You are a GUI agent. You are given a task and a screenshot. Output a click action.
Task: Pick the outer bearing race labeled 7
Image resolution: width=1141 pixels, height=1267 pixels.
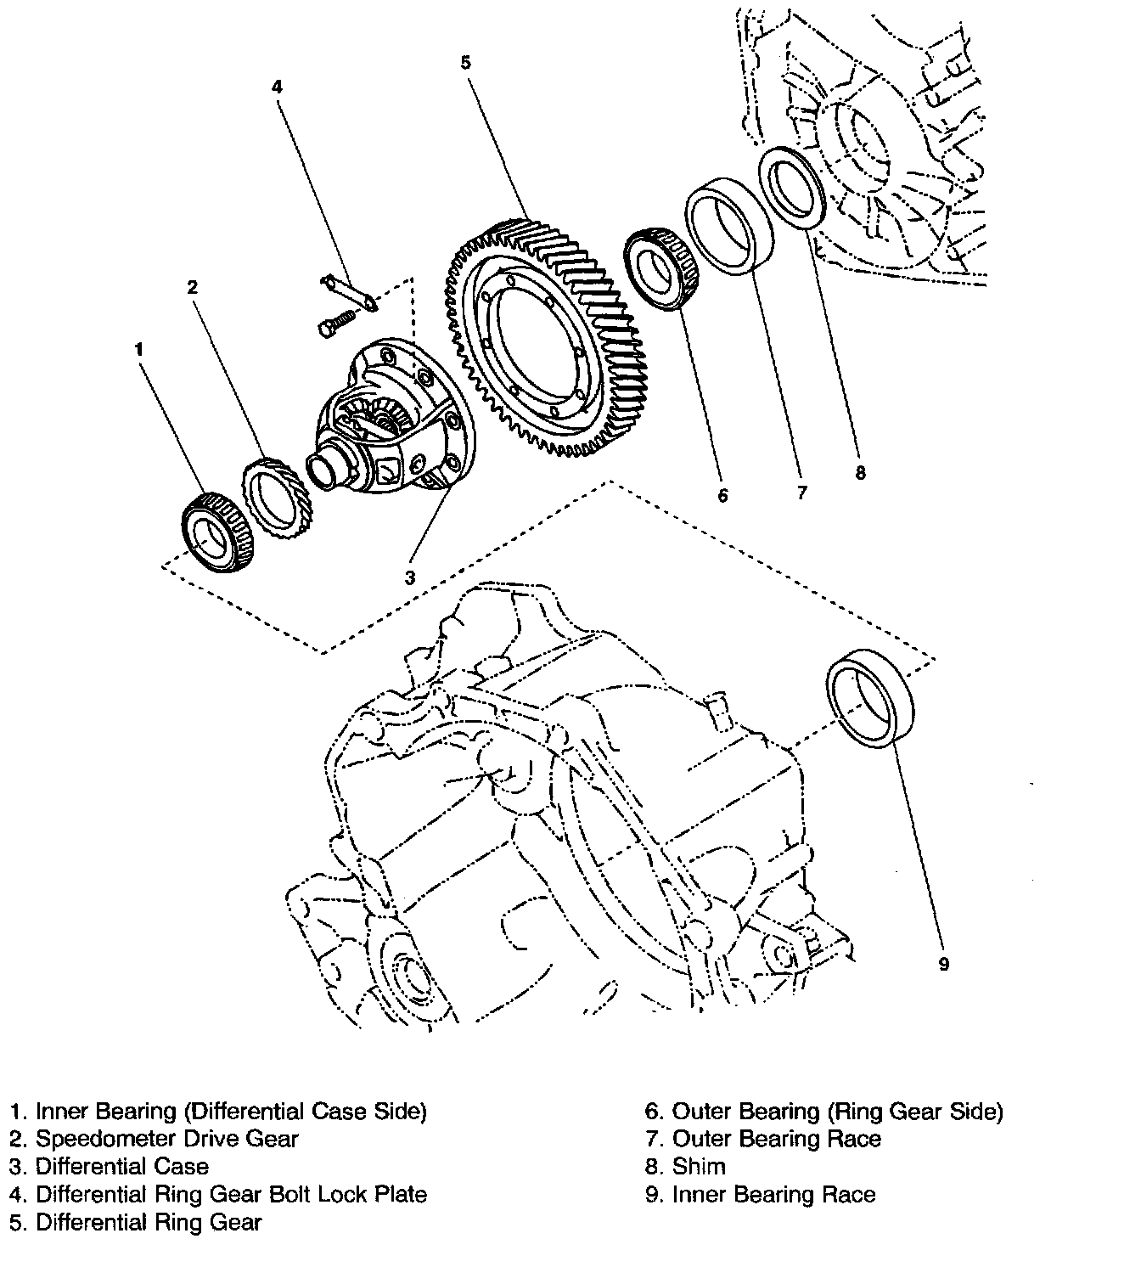[728, 225]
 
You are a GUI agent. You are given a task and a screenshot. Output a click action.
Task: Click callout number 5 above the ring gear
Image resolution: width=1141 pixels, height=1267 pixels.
[465, 62]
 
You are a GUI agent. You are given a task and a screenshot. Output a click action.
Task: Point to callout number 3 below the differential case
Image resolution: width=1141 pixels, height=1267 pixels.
[410, 577]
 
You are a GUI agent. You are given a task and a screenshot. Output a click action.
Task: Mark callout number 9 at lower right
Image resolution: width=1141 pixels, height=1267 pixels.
[943, 963]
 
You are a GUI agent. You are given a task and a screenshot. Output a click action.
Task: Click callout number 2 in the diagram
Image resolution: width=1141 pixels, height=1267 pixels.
[193, 287]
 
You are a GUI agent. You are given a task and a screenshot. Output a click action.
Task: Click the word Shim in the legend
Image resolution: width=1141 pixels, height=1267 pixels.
[699, 1166]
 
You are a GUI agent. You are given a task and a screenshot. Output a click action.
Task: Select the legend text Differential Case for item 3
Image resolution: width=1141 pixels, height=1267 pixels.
[121, 1166]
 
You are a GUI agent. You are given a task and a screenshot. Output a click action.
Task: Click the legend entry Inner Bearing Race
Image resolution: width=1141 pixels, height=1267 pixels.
[773, 1194]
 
